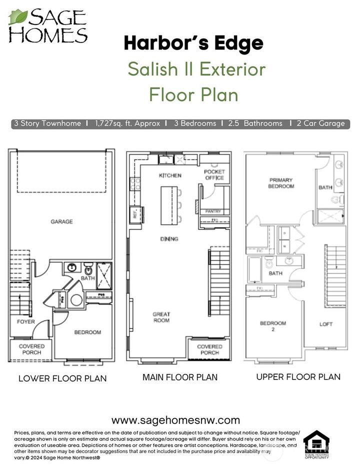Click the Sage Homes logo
(48, 25)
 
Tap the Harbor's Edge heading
(193, 43)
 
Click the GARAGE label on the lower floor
(61, 221)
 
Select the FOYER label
(26, 321)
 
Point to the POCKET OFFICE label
(214, 175)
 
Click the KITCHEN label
(170, 175)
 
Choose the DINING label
(169, 239)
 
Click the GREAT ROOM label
(161, 317)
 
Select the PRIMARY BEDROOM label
(281, 183)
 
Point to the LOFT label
(326, 324)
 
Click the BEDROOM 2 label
(273, 326)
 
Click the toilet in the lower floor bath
(88, 266)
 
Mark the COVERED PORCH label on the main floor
(209, 349)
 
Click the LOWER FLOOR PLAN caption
(62, 378)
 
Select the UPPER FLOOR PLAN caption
(298, 377)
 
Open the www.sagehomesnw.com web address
(175, 420)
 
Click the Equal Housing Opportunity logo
(316, 444)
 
